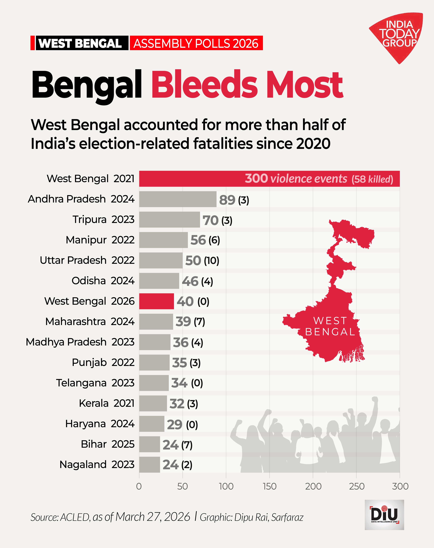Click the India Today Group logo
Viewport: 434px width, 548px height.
tap(398, 36)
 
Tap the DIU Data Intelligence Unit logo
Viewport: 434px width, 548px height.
tap(384, 515)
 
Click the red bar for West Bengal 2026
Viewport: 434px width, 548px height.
tap(156, 301)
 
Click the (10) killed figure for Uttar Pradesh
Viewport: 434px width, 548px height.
tap(211, 260)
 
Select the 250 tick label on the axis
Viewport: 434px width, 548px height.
tap(356, 486)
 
